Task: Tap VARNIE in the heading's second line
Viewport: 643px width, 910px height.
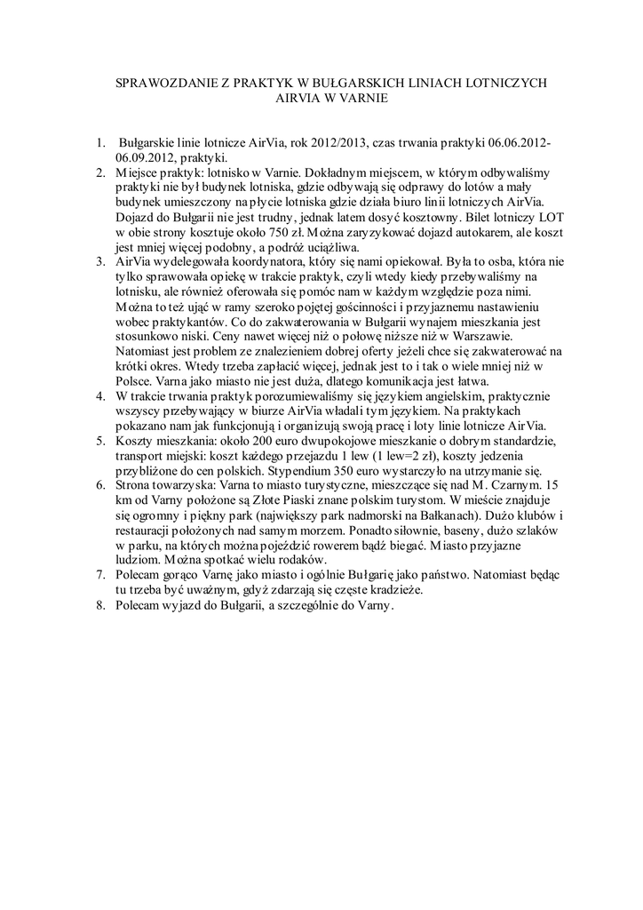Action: click(x=363, y=98)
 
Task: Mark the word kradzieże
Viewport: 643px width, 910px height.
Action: click(x=391, y=594)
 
